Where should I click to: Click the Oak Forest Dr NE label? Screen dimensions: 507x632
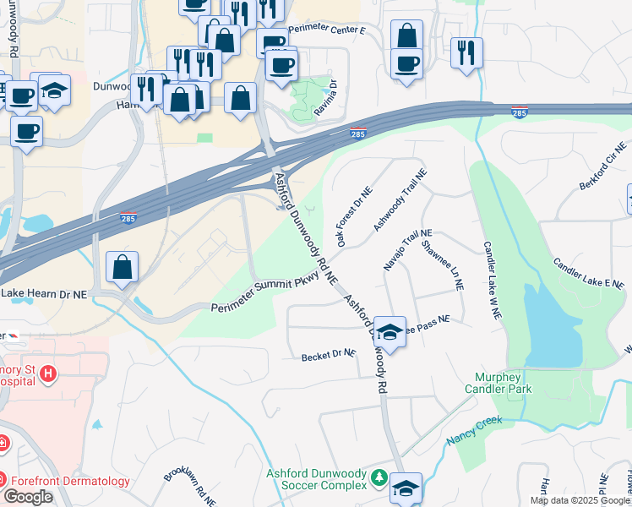point(353,218)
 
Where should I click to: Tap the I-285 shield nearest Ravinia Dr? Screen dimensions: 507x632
point(359,134)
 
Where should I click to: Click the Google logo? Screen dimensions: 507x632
point(28,496)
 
